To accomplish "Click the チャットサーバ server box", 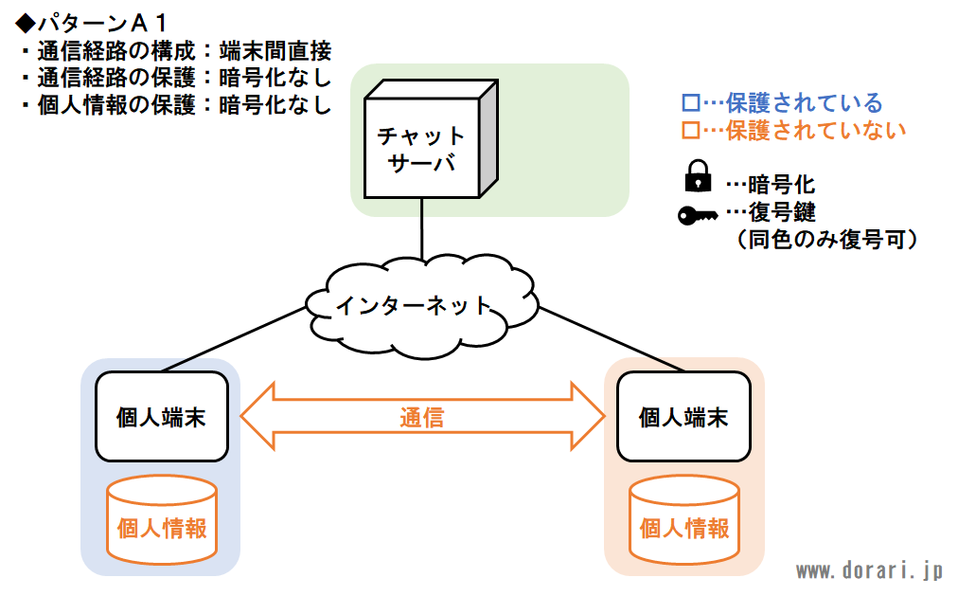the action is pos(431,138).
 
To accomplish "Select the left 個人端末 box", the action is pos(162,416).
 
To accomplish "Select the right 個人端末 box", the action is pos(683,416).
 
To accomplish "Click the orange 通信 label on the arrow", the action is pos(421,418).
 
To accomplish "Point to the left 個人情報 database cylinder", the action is pos(162,519).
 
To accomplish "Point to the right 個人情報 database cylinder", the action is pos(684,519).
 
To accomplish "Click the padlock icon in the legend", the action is pos(698,176).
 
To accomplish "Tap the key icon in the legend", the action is pos(698,215).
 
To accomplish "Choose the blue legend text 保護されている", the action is pos(804,102).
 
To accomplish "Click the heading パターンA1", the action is pos(92,24).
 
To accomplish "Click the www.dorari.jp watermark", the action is pos(869,571).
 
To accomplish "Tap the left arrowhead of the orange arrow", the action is pos(257,416).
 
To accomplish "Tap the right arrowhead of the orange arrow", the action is pos(588,416).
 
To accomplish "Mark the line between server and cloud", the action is pos(421,229).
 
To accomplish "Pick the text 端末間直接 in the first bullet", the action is pos(275,51).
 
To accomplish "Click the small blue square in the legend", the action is pos(690,102).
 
